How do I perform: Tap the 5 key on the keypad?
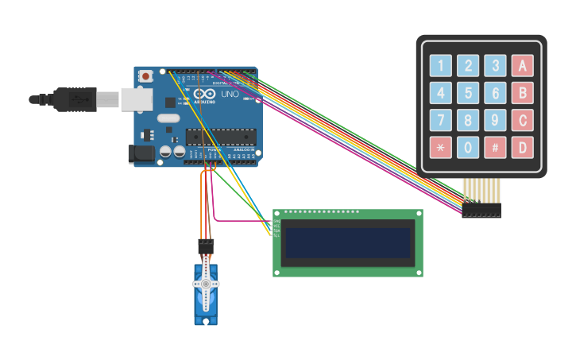[468, 93]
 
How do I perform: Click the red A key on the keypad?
[522, 66]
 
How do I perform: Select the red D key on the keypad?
[522, 147]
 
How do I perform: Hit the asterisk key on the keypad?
[441, 147]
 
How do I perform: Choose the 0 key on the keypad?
[468, 147]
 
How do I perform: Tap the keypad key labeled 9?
[495, 120]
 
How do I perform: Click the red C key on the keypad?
[522, 120]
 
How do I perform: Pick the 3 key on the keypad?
[495, 66]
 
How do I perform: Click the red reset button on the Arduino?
[145, 76]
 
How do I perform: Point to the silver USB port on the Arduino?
[137, 99]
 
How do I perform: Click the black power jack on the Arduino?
[141, 154]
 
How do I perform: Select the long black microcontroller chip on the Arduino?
[221, 137]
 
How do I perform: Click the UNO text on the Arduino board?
[230, 95]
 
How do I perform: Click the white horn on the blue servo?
[205, 284]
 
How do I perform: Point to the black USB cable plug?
[76, 99]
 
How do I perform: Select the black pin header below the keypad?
[481, 210]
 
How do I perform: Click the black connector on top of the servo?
[206, 246]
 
